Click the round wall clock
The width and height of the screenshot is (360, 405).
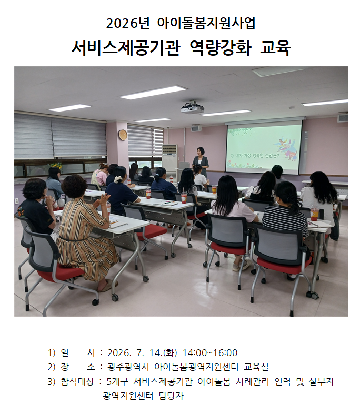click(x=123, y=135)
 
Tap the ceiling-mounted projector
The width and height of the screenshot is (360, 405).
click(x=192, y=108)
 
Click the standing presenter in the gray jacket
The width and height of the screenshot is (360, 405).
click(x=201, y=161)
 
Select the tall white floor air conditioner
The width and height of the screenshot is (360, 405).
click(x=169, y=163)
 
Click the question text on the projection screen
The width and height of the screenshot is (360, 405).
click(x=255, y=156)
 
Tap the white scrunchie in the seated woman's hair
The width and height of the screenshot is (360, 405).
click(x=117, y=179)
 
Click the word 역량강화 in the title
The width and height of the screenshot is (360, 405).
click(x=220, y=48)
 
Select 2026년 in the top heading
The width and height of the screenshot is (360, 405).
click(x=128, y=23)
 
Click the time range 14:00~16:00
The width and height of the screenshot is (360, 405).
click(x=210, y=353)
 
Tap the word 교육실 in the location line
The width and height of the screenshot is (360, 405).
click(x=256, y=367)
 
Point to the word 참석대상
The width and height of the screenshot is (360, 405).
click(x=77, y=381)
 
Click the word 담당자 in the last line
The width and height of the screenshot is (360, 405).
click(x=172, y=396)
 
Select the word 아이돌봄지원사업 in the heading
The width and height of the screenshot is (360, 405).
click(x=206, y=23)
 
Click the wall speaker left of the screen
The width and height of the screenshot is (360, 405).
click(x=196, y=128)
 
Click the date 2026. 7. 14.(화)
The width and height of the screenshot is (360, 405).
click(x=142, y=353)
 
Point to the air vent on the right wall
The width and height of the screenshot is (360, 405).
click(x=343, y=117)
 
